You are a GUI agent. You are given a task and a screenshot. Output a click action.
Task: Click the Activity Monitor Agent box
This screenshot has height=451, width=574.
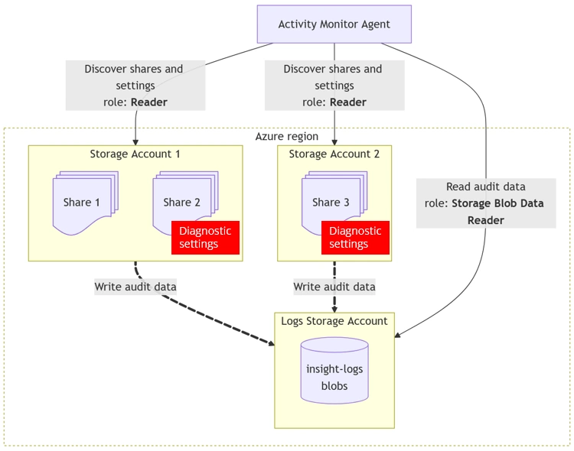pyautogui.click(x=334, y=24)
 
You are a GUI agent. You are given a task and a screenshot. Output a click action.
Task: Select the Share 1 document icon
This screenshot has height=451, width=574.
pyautogui.click(x=83, y=203)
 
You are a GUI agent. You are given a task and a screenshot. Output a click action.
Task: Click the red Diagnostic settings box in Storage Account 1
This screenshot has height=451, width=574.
pyautogui.click(x=205, y=238)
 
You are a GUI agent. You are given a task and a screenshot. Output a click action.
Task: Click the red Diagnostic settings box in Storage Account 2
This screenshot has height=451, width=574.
pyautogui.click(x=355, y=238)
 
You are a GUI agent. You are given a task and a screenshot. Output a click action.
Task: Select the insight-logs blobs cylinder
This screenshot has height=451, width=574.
pyautogui.click(x=334, y=372)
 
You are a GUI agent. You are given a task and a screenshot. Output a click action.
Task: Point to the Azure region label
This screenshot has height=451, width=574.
pyautogui.click(x=286, y=137)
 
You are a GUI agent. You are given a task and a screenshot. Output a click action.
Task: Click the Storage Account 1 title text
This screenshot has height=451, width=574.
pyautogui.click(x=135, y=154)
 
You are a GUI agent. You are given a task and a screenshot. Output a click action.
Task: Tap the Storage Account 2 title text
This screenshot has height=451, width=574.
pyautogui.click(x=334, y=154)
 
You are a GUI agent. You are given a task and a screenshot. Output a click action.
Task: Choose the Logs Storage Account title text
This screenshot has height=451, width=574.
pyautogui.click(x=334, y=321)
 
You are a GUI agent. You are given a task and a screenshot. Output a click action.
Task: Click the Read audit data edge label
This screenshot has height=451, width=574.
pyautogui.click(x=486, y=203)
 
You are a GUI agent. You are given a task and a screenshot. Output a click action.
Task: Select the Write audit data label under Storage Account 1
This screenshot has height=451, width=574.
pyautogui.click(x=135, y=287)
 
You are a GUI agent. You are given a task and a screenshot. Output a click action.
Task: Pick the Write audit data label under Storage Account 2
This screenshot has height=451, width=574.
pyautogui.click(x=334, y=287)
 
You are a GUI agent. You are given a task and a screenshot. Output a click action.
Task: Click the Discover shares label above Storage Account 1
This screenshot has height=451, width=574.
pyautogui.click(x=135, y=85)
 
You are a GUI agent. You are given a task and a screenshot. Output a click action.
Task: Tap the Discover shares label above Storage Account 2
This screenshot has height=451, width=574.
pyautogui.click(x=334, y=85)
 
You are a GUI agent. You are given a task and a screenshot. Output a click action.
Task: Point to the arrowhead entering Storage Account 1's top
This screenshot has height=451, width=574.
pyautogui.click(x=135, y=141)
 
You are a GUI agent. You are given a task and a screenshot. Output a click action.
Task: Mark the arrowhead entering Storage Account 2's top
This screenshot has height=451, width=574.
pyautogui.click(x=334, y=141)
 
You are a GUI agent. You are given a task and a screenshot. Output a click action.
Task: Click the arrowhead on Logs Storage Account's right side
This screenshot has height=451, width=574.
pyautogui.click(x=399, y=334)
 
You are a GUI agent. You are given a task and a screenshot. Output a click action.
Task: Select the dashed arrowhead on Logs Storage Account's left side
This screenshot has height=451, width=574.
pyautogui.click(x=271, y=343)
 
